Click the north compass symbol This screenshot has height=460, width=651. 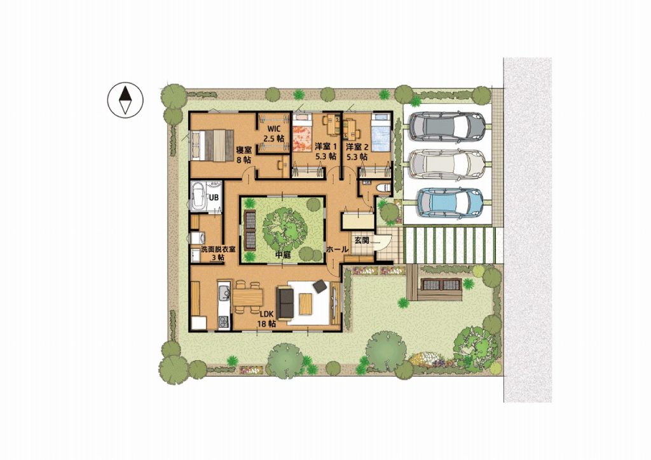(x=125, y=100)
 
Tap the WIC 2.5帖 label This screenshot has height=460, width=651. (x=275, y=134)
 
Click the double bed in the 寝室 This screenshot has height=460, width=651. (x=212, y=145)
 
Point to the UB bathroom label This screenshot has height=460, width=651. (x=214, y=198)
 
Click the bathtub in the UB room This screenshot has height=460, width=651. (x=197, y=197)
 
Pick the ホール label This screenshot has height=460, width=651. (x=337, y=249)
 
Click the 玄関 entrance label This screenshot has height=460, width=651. (x=361, y=240)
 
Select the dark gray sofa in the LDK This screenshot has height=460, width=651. (x=285, y=302)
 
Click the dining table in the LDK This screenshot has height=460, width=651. (x=248, y=298)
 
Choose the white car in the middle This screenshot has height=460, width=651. (x=447, y=164)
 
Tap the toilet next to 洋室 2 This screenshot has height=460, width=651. (x=383, y=188)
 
